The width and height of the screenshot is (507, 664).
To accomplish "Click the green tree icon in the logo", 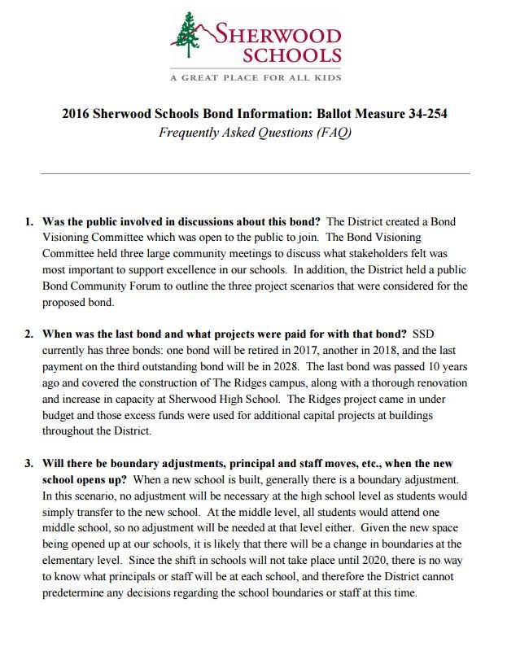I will pyautogui.click(x=189, y=37).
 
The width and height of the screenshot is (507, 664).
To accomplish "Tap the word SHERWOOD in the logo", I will pyautogui.click(x=278, y=35).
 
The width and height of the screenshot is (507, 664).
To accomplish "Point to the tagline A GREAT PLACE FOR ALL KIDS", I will pyautogui.click(x=255, y=78).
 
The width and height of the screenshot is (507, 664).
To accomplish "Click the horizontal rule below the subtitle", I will pyautogui.click(x=255, y=173).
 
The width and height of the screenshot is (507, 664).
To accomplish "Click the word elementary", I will pyautogui.click(x=72, y=561).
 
